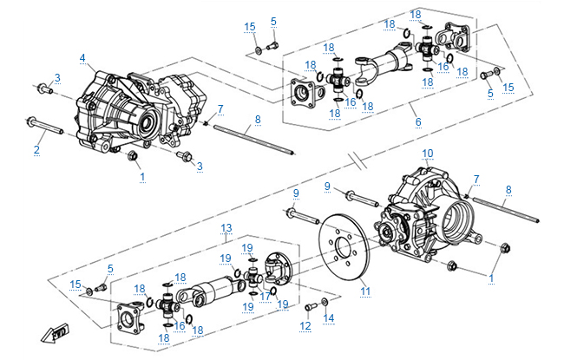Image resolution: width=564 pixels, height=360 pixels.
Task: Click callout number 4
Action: [82, 58]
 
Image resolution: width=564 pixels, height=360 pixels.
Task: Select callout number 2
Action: [36, 150]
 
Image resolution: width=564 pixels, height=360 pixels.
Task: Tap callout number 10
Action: [427, 153]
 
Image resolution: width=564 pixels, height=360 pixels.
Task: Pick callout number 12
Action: [305, 326]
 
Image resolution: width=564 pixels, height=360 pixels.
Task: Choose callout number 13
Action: [226, 227]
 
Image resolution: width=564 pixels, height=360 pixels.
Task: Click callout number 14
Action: [328, 318]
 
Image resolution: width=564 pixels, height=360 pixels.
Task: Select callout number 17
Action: [266, 295]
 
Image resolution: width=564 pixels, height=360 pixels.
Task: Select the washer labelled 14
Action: [324, 301]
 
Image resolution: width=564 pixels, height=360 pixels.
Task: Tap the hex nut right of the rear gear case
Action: [505, 250]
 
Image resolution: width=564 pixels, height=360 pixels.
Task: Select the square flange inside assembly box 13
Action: [132, 316]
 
